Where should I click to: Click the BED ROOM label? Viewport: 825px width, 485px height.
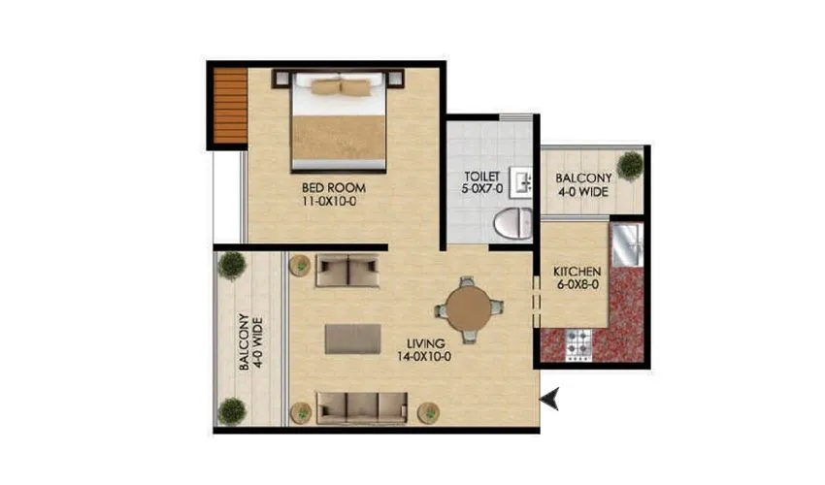(x=332, y=187)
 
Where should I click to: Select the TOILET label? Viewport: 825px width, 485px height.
(x=482, y=176)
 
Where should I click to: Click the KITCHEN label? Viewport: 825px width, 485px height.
(x=577, y=272)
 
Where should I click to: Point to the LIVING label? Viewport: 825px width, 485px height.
(x=427, y=343)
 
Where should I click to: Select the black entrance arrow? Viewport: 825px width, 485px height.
(x=550, y=397)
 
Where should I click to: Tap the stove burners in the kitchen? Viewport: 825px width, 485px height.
(x=580, y=341)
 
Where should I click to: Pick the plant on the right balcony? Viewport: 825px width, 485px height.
(x=631, y=165)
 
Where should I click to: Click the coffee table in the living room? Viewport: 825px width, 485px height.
(x=353, y=339)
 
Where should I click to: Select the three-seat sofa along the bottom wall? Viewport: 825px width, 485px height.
(x=362, y=406)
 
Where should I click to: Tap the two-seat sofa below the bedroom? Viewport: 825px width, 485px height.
(x=347, y=271)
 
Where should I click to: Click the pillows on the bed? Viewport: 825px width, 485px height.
(x=340, y=87)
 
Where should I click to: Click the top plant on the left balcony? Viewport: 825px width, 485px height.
(x=232, y=264)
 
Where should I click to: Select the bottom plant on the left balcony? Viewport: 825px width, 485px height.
(x=232, y=411)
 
